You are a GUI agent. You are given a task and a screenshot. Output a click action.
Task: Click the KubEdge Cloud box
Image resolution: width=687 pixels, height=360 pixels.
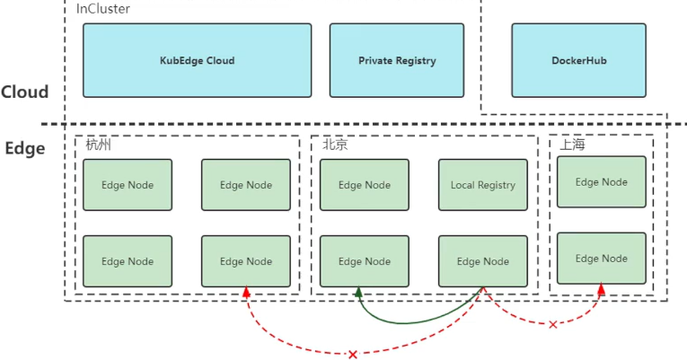pyautogui.click(x=197, y=60)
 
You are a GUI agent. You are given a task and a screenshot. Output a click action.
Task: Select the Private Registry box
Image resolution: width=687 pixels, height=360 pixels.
pyautogui.click(x=397, y=60)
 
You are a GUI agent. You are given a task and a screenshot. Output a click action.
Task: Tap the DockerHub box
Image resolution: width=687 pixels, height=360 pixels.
pyautogui.click(x=578, y=60)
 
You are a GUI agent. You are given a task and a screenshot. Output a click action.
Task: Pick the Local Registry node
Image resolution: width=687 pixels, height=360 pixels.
pyautogui.click(x=483, y=185)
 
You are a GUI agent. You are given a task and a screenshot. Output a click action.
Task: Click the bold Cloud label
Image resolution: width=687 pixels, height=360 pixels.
pyautogui.click(x=24, y=92)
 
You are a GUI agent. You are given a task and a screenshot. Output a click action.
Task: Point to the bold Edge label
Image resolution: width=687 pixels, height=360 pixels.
pyautogui.click(x=24, y=148)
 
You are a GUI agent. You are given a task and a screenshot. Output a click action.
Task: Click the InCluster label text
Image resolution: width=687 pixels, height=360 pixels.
pyautogui.click(x=104, y=8)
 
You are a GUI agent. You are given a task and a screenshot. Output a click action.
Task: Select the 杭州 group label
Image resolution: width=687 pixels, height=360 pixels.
pyautogui.click(x=98, y=145)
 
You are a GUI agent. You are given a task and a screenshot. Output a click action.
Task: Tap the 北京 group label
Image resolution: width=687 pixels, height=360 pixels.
pyautogui.click(x=335, y=145)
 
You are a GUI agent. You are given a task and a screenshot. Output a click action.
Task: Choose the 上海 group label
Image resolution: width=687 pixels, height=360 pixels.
pyautogui.click(x=572, y=145)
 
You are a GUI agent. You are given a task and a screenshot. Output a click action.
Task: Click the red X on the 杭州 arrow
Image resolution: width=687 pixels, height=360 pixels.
pyautogui.click(x=352, y=355)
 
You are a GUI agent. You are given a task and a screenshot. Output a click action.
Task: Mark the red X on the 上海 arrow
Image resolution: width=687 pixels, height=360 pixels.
pyautogui.click(x=552, y=324)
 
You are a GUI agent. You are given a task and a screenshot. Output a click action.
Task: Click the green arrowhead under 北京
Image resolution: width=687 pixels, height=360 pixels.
pyautogui.click(x=358, y=292)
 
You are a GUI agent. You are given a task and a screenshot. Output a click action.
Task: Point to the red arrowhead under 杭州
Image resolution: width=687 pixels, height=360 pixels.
pyautogui.click(x=245, y=292)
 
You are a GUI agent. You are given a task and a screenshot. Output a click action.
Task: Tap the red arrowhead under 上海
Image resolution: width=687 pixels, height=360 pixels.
pyautogui.click(x=601, y=289)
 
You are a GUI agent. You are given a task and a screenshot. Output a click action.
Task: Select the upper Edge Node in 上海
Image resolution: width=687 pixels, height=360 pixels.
pyautogui.click(x=601, y=181)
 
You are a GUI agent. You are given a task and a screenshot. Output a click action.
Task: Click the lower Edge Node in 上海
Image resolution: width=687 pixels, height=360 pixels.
pyautogui.click(x=601, y=259)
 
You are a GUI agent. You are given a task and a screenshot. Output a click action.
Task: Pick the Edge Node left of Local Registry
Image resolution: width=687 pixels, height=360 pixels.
pyautogui.click(x=364, y=185)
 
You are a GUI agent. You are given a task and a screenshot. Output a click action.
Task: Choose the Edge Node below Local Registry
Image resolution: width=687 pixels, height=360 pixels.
pyautogui.click(x=483, y=261)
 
